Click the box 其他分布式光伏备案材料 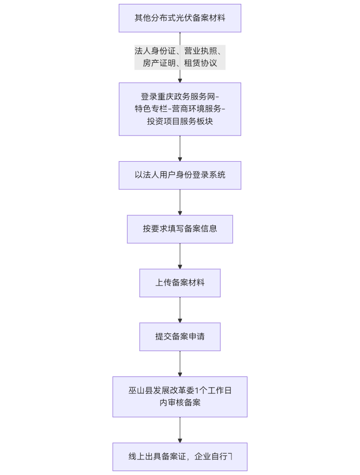pyautogui.click(x=180, y=18)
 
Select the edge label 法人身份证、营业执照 pyautogui.click(x=180, y=51)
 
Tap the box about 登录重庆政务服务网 pyautogui.click(x=180, y=109)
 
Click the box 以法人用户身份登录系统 pyautogui.click(x=180, y=175)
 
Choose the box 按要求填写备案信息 pyautogui.click(x=180, y=229)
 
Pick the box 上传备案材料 pyautogui.click(x=180, y=283)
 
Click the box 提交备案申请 pyautogui.click(x=180, y=337)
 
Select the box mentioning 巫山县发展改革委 pyautogui.click(x=180, y=397)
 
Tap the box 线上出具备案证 pyautogui.click(x=180, y=457)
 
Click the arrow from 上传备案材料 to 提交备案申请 pyautogui.click(x=180, y=310)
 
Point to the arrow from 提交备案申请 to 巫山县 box pyautogui.click(x=180, y=363)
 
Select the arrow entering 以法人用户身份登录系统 pyautogui.click(x=180, y=149)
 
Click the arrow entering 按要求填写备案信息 pyautogui.click(x=180, y=203)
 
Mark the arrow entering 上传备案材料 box pyautogui.click(x=180, y=256)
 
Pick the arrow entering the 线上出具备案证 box pyautogui.click(x=180, y=430)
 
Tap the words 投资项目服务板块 pyautogui.click(x=180, y=121)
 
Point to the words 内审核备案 pyautogui.click(x=180, y=403)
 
